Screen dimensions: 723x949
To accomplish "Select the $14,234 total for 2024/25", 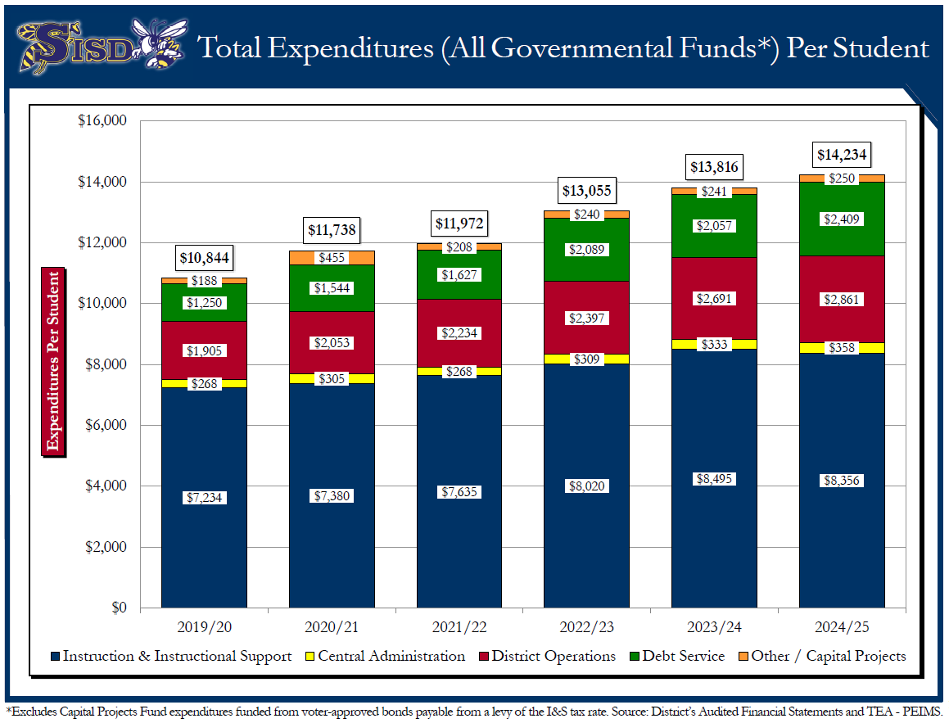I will click(x=842, y=155).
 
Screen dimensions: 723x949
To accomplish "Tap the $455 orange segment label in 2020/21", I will click(x=332, y=258).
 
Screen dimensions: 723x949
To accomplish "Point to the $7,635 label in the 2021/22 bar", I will click(x=459, y=491).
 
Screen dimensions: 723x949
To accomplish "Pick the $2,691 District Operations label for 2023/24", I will click(x=714, y=298).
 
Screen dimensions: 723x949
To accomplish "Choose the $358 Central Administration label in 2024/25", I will click(x=842, y=348).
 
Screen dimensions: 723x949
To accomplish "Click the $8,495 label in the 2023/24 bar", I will click(x=714, y=480).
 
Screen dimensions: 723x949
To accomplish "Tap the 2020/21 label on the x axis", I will click(x=332, y=628).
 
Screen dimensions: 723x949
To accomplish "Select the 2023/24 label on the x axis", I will click(x=714, y=628).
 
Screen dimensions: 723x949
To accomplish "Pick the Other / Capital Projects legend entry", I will click(x=821, y=656).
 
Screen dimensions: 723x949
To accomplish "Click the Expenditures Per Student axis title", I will click(x=53, y=361).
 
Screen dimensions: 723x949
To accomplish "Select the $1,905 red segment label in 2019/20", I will click(x=204, y=351).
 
